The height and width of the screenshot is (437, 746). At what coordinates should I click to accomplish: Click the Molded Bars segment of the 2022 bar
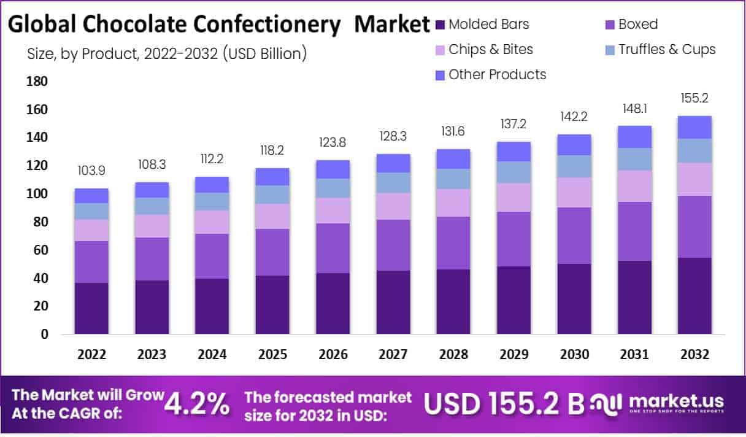(91, 308)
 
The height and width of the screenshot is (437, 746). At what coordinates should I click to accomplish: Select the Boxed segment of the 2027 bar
(393, 245)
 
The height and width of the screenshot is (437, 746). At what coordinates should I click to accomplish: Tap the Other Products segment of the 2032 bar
(694, 127)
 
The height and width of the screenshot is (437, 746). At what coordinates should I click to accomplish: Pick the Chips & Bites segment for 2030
(574, 192)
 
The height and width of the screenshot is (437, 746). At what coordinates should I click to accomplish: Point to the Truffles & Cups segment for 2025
(272, 195)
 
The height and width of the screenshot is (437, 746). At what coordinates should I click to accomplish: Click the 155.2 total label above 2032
(694, 98)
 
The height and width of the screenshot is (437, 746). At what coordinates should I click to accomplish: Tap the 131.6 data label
(453, 131)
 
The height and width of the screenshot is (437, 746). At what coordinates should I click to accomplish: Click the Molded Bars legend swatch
(440, 25)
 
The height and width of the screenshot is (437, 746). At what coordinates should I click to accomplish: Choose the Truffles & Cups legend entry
(666, 50)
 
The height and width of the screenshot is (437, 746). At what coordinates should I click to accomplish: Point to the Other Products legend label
(497, 75)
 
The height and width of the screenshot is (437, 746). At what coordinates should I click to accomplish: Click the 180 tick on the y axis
(38, 82)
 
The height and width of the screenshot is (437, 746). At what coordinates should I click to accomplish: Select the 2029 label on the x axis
(514, 355)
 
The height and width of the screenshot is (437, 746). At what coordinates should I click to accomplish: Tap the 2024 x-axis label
(212, 355)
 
